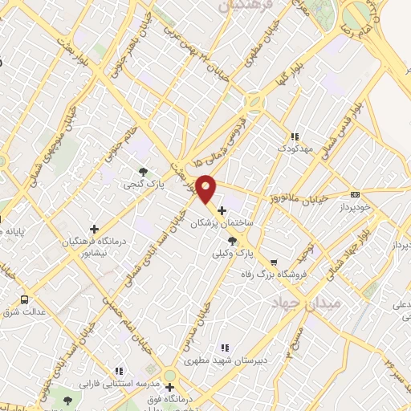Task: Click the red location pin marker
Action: [206, 189]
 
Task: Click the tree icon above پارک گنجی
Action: [142, 171]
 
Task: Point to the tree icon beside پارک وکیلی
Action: [232, 240]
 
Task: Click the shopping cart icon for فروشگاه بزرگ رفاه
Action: [274, 262]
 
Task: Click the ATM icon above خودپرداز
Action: [355, 193]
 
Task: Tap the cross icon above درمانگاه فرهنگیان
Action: [95, 229]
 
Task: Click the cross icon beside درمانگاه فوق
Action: [169, 386]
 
